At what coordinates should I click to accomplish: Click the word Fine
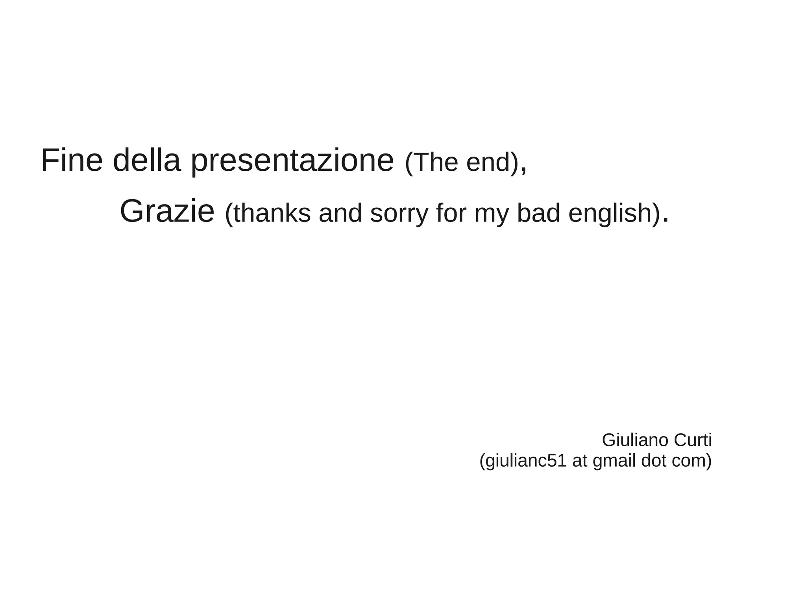click(x=72, y=161)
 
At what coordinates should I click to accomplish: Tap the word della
click(x=146, y=161)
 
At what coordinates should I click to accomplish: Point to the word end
click(x=488, y=162)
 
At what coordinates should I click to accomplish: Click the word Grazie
click(x=167, y=212)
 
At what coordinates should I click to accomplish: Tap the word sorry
click(x=399, y=214)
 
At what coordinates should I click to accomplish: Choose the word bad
click(x=538, y=213)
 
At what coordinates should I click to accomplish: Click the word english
click(x=610, y=214)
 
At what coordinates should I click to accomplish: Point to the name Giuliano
click(x=635, y=440)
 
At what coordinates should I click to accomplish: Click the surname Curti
click(x=693, y=440)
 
